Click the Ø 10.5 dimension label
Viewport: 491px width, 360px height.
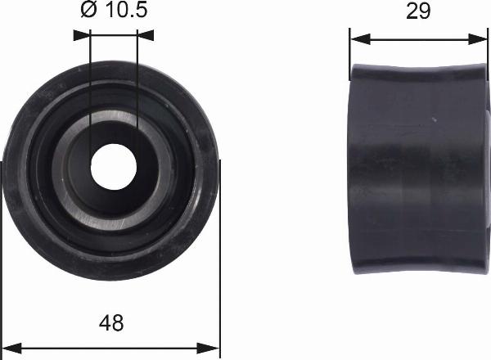pos(114,9)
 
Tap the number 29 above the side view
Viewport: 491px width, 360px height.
pos(418,11)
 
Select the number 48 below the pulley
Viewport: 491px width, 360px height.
pos(111,322)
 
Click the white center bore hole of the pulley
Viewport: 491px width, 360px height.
pos(114,167)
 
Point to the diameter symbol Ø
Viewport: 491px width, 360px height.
pos(89,9)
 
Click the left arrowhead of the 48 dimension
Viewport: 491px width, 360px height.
pos(11,348)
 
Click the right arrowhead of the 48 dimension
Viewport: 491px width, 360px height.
pos(208,348)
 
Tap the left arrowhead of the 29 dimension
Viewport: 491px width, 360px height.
pos(360,39)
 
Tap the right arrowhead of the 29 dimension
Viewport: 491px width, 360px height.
pos(478,39)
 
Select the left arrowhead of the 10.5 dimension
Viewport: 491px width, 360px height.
pos(82,35)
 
